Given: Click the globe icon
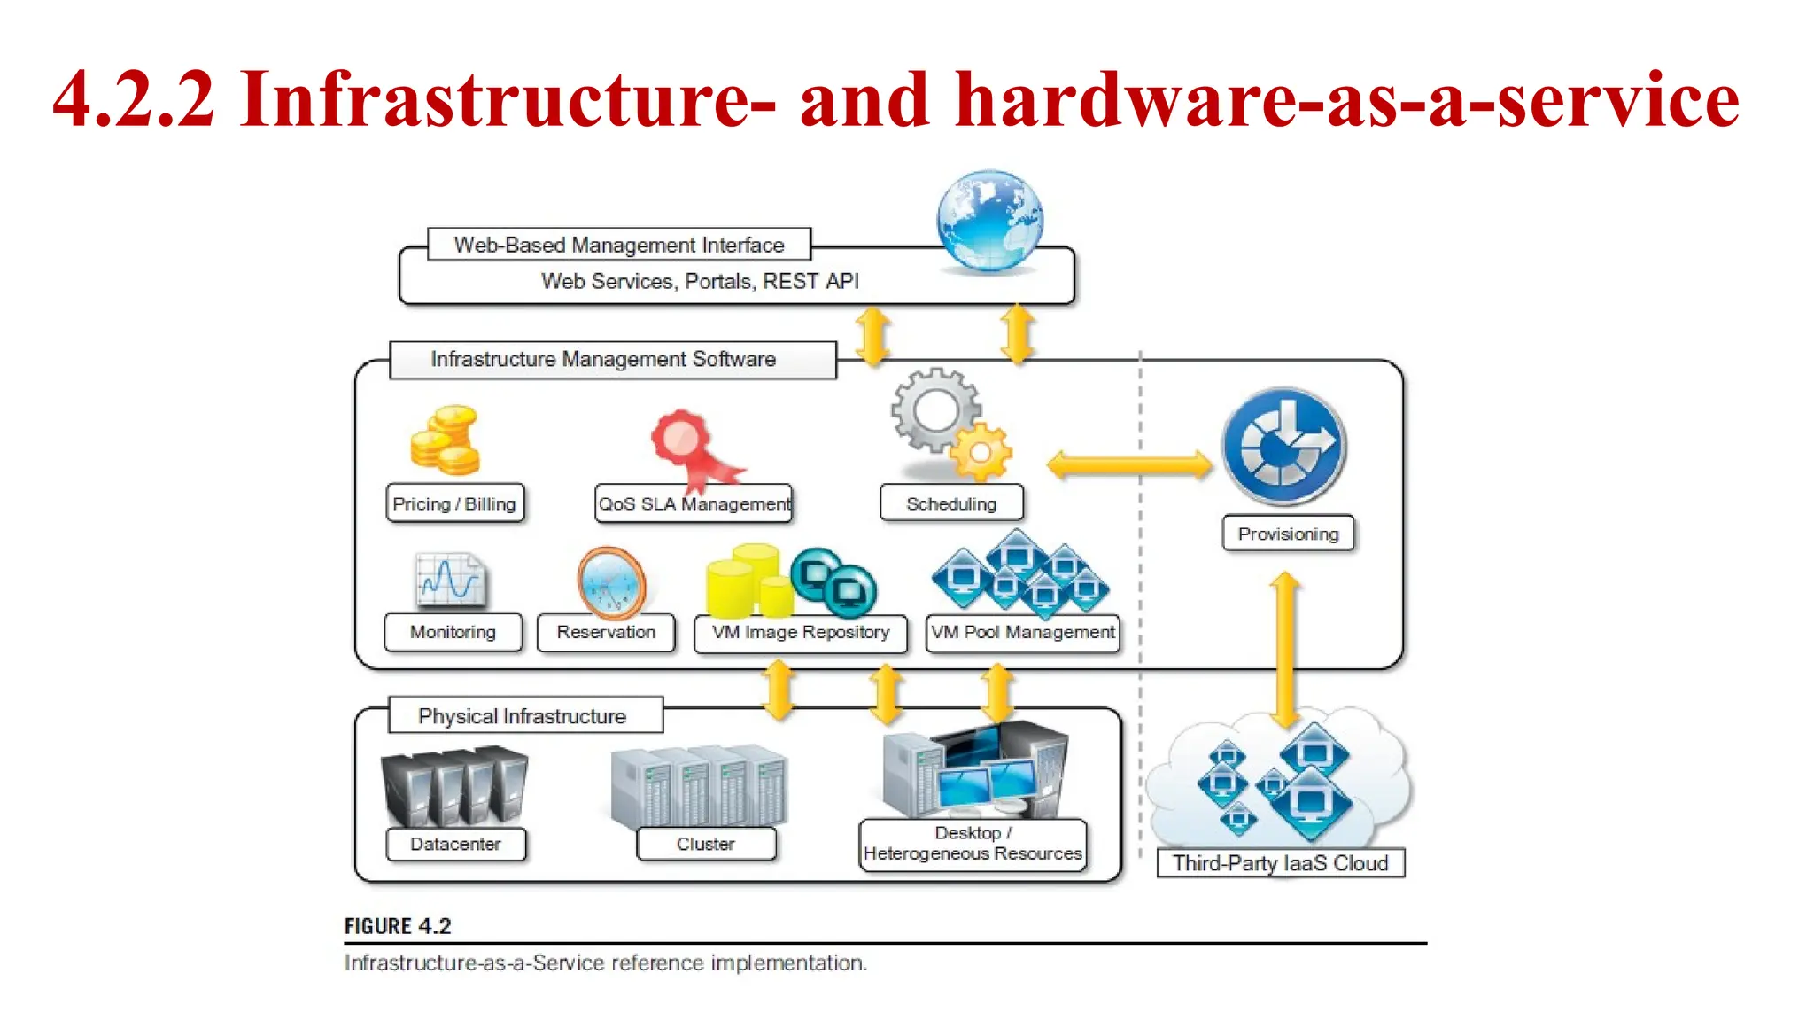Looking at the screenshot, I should [989, 220].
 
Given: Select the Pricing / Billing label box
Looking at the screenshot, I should [454, 503].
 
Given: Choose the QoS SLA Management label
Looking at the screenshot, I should [694, 503].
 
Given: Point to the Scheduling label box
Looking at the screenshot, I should [951, 503].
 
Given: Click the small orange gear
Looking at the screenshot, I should [980, 452].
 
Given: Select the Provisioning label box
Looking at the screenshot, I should [1288, 534].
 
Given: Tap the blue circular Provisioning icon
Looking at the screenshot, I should [1283, 445].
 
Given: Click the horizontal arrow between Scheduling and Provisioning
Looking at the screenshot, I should [1128, 464].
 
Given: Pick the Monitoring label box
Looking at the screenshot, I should [453, 632].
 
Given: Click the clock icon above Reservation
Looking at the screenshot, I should [611, 583].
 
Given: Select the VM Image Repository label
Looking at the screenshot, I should [801, 633].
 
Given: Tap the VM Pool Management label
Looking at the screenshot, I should [1022, 633].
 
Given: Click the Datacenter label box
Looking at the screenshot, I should [455, 844].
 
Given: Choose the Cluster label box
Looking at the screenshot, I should [706, 844].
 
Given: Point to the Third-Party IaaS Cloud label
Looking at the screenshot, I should [1280, 863].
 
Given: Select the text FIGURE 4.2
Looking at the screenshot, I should [398, 926].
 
